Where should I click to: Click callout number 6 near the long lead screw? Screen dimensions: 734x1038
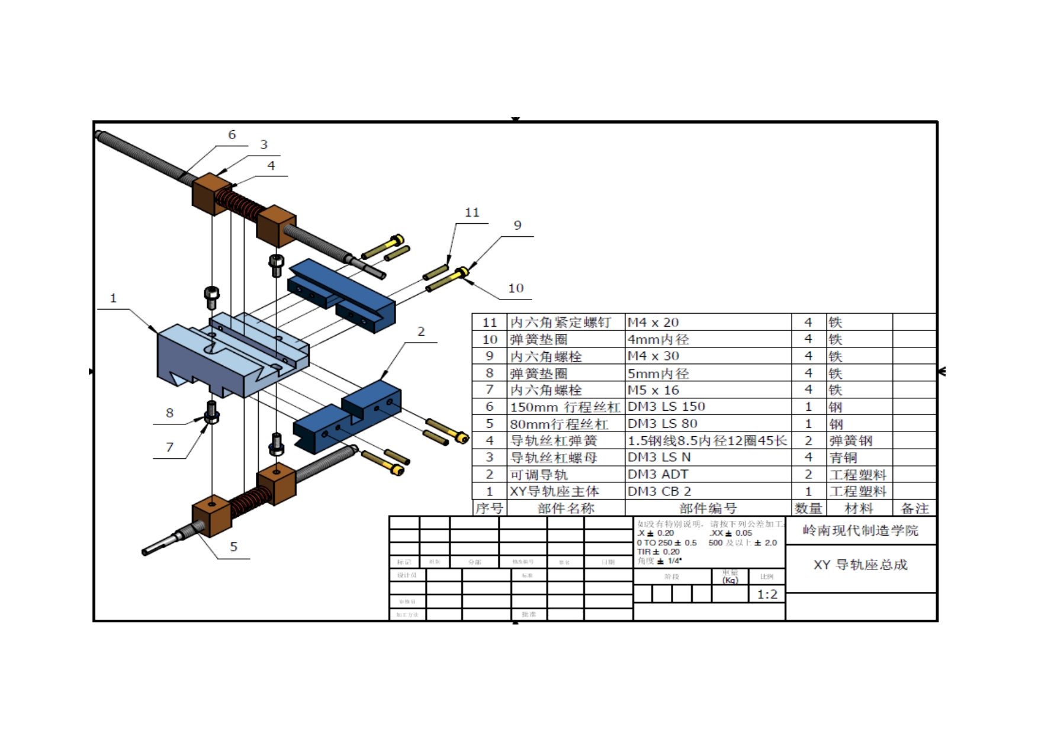[232, 135]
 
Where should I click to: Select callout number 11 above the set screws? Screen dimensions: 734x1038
[472, 213]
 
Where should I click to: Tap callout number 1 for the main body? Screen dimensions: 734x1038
[114, 298]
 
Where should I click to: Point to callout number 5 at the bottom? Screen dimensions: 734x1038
[234, 547]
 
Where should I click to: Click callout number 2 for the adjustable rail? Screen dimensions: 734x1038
[421, 331]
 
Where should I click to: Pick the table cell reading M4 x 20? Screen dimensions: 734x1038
[653, 323]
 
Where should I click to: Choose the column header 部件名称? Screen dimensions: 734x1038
[565, 508]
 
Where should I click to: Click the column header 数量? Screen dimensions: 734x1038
[808, 508]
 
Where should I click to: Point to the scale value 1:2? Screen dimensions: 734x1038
[767, 594]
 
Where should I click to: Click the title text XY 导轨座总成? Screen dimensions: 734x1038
[860, 565]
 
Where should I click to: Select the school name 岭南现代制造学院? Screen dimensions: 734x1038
[860, 530]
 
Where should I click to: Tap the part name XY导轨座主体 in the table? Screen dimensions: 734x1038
[555, 491]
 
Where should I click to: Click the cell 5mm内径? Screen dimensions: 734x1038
[658, 374]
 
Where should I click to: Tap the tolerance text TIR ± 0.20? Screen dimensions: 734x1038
[658, 552]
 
